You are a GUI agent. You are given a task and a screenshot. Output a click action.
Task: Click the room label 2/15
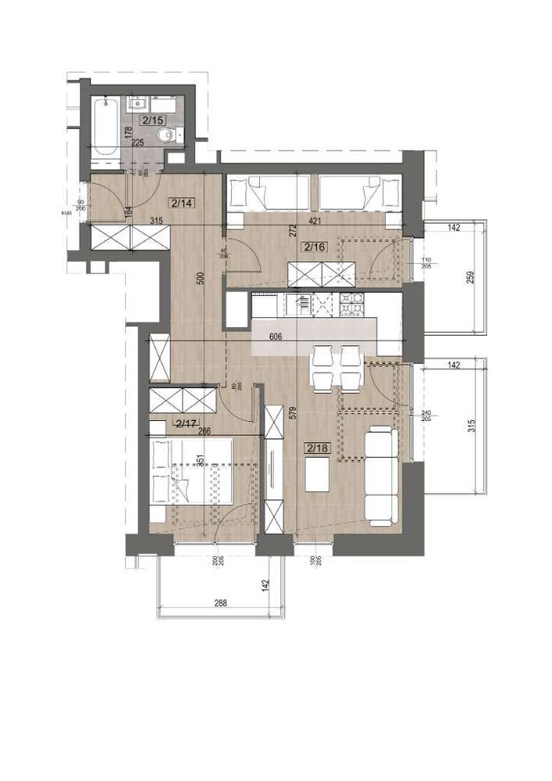click(153, 119)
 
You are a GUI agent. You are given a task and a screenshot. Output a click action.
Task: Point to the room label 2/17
click(187, 424)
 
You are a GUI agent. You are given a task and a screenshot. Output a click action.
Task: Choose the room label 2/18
click(317, 448)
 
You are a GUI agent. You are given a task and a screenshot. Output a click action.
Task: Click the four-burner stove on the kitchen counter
click(350, 304)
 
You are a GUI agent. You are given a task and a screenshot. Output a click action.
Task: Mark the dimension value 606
click(274, 338)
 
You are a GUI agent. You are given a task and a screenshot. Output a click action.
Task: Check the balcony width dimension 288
click(221, 602)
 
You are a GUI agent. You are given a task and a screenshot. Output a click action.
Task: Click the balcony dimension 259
click(471, 278)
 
